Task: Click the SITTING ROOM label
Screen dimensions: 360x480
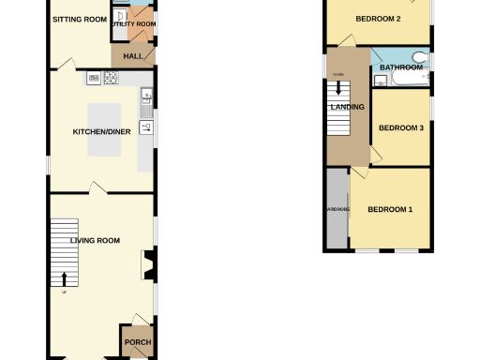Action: click(x=79, y=19)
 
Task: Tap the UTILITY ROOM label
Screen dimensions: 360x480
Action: click(x=134, y=24)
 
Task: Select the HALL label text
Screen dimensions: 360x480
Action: click(x=132, y=56)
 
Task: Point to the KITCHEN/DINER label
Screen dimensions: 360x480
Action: click(x=102, y=131)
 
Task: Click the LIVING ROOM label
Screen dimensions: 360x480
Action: click(x=96, y=241)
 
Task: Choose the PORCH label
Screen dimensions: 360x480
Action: click(x=138, y=342)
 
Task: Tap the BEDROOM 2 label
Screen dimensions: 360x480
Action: click(x=378, y=19)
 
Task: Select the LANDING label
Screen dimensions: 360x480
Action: click(x=347, y=107)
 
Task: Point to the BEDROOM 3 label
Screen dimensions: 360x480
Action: click(x=402, y=128)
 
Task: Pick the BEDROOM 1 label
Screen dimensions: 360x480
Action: click(x=390, y=209)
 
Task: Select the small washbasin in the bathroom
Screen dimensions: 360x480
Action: click(x=379, y=80)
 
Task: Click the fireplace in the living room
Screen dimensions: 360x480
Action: click(x=148, y=264)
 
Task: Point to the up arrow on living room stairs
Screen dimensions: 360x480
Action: click(x=64, y=277)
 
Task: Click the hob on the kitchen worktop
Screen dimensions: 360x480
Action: click(x=96, y=77)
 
